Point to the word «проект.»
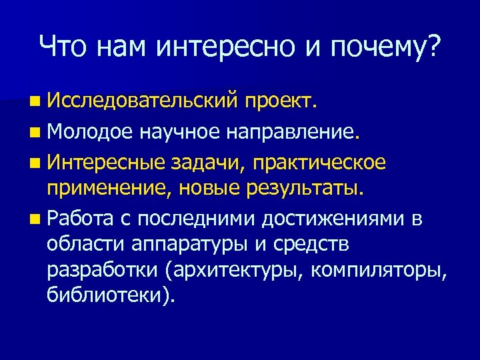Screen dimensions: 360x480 tap(281, 103)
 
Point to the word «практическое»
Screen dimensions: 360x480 tap(320, 163)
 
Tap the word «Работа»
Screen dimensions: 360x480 tap(81, 219)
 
